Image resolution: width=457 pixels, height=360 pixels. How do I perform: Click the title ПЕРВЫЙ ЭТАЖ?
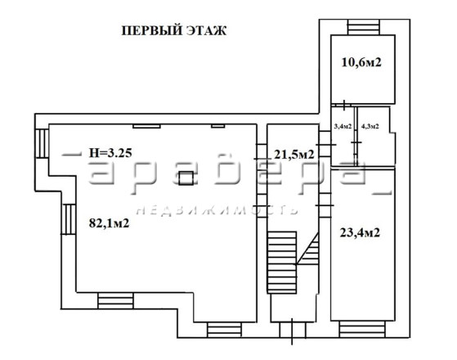173,30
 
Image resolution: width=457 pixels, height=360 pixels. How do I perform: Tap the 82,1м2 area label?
109,223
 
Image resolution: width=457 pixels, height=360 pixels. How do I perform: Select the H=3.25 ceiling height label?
110,153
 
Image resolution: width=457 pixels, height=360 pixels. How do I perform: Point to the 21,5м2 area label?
294,155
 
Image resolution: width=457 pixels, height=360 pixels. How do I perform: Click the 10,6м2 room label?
361,62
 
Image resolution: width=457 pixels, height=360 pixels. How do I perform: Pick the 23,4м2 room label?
360,233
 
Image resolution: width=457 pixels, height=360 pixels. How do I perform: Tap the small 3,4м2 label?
343,126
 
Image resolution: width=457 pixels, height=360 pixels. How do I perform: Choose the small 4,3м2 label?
370,126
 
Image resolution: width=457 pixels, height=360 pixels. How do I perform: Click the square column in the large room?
186,178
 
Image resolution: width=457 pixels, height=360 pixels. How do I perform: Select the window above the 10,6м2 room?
364,27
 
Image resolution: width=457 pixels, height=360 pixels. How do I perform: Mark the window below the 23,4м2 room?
362,330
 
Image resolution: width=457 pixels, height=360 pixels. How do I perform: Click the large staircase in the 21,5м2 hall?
282,263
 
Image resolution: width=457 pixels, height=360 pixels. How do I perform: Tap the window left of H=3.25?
42,143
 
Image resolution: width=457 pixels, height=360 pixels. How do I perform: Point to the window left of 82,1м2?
69,219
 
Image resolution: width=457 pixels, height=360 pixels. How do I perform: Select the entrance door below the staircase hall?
293,331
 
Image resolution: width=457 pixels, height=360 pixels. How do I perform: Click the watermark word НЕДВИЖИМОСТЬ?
217,209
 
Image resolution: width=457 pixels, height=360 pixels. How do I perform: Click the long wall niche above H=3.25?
146,126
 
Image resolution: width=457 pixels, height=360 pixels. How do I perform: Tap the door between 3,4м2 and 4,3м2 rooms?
356,142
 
